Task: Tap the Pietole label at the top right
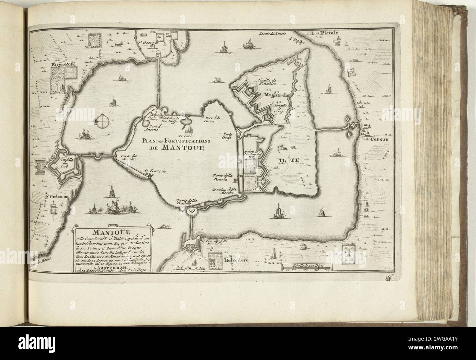coord(328,33)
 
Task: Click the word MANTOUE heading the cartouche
coord(112,232)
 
